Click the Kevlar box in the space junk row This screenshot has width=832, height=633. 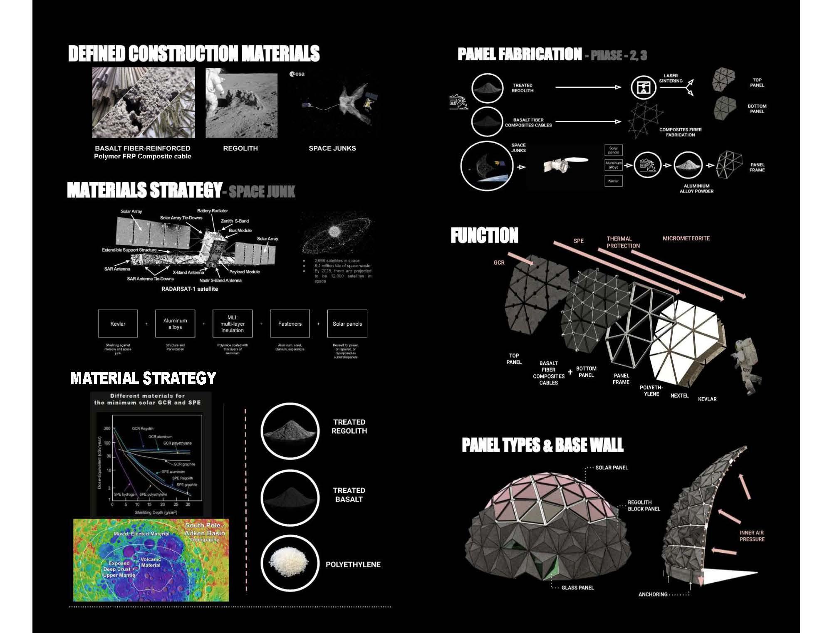[118, 324]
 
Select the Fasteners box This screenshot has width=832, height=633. [290, 324]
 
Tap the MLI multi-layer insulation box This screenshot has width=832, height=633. [232, 324]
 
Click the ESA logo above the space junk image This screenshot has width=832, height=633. [297, 74]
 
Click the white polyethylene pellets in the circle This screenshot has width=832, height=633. [290, 563]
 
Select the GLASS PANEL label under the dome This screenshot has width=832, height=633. [577, 588]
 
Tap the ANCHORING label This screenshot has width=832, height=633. [653, 594]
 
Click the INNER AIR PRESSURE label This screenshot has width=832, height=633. [752, 536]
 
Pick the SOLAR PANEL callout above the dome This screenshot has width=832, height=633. [612, 467]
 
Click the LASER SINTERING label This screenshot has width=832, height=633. [671, 78]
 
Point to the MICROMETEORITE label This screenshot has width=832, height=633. [686, 238]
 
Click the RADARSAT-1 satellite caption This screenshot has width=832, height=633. [190, 289]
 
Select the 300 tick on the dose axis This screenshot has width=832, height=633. [107, 428]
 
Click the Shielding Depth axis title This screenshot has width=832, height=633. [156, 512]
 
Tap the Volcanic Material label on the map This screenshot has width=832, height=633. [151, 562]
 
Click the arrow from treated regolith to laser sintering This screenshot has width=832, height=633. [588, 87]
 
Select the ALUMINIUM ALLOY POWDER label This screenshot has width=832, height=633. [696, 188]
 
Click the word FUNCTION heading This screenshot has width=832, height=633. [485, 235]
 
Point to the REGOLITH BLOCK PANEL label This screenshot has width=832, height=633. [644, 505]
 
